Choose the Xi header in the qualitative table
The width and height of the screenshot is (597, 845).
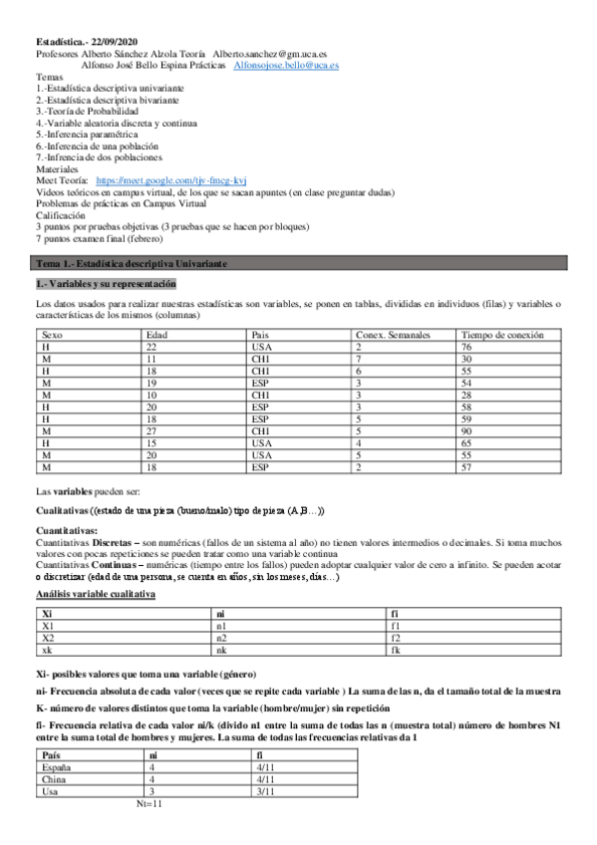point(47,615)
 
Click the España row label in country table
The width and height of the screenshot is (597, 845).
point(49,768)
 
